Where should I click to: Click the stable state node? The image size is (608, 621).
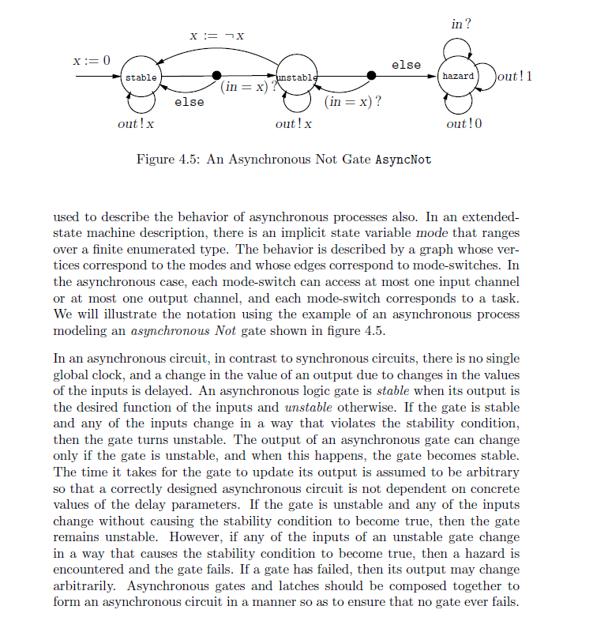click(x=141, y=77)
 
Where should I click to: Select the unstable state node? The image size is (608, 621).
click(x=297, y=77)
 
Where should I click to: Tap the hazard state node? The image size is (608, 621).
click(x=458, y=77)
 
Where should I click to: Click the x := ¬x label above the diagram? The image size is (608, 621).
click(x=216, y=36)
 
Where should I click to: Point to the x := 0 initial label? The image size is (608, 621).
click(x=92, y=60)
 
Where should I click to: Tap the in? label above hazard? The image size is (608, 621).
click(x=461, y=25)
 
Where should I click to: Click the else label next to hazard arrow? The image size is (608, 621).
click(x=406, y=64)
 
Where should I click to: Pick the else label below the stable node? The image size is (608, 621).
click(x=189, y=102)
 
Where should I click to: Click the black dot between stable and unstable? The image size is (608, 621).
click(x=217, y=77)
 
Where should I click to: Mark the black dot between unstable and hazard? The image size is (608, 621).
click(x=371, y=77)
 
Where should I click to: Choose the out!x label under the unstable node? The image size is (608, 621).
click(x=294, y=124)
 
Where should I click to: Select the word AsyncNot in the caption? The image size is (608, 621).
click(x=403, y=159)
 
